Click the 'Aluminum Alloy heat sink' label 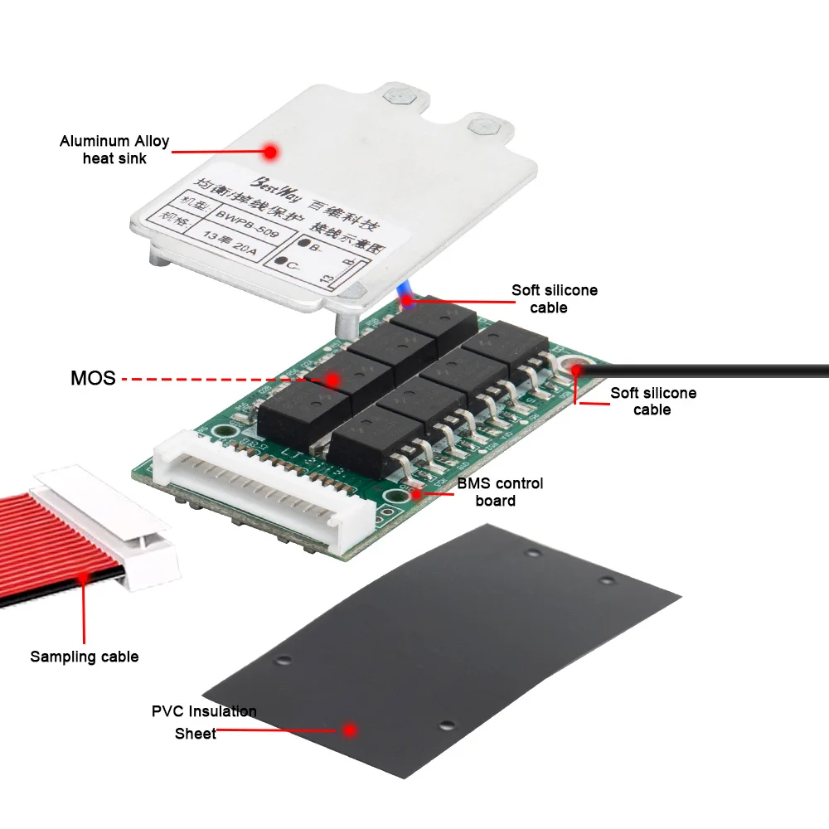[x=114, y=148]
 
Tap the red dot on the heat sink [x=269, y=152]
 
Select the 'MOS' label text [x=92, y=379]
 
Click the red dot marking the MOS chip [x=332, y=380]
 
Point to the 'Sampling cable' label [x=84, y=657]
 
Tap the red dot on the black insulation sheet [x=350, y=730]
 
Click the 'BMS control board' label [x=500, y=492]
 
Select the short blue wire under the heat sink [x=405, y=293]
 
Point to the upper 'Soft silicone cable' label [x=553, y=298]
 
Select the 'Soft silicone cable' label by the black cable [x=652, y=401]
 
